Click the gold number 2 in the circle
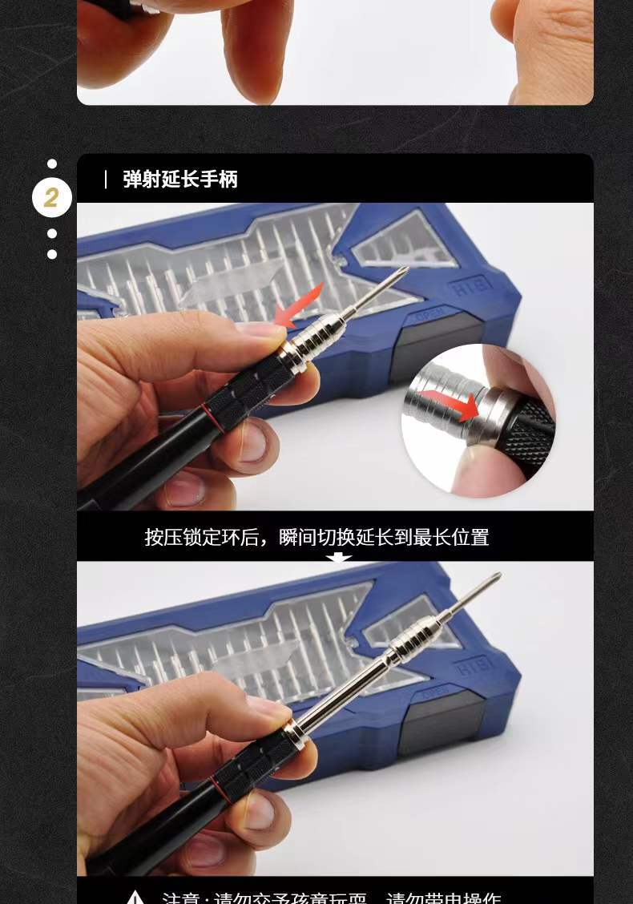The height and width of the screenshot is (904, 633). point(51,198)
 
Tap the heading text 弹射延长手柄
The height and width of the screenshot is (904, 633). point(180,179)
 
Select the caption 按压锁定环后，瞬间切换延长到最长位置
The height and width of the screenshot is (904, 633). point(316,537)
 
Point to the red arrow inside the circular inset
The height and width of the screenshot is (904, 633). point(452,402)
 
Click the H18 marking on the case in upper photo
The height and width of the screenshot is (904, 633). point(472,288)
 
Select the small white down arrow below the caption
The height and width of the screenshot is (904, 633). point(338,557)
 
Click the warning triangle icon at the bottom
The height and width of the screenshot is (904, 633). point(135,897)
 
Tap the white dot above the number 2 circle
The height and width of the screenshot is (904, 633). point(52,163)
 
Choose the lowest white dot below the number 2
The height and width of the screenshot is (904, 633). point(52,254)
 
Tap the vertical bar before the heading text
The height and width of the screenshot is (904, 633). point(106,179)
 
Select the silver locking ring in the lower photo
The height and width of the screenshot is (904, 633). point(294,732)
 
